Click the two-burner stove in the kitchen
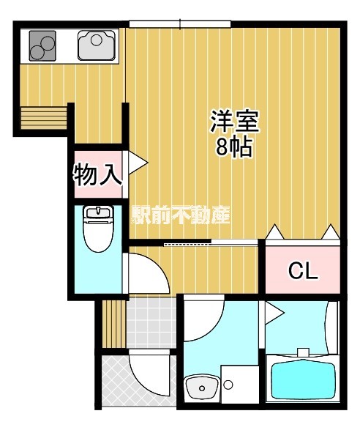pos(42,45)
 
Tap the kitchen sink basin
pos(96,45)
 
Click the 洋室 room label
pos(234,121)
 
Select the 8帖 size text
pos(233,147)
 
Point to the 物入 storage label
pos(97,174)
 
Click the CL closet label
pos(303,271)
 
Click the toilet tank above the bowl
pos(98,213)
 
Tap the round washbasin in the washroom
pos(202,387)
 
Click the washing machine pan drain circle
pos(228,385)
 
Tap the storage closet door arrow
pos(138,163)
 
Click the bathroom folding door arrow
pos(274,312)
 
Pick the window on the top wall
pos(180,24)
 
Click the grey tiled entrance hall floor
pos(151,323)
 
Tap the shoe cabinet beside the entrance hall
pos(114,324)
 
